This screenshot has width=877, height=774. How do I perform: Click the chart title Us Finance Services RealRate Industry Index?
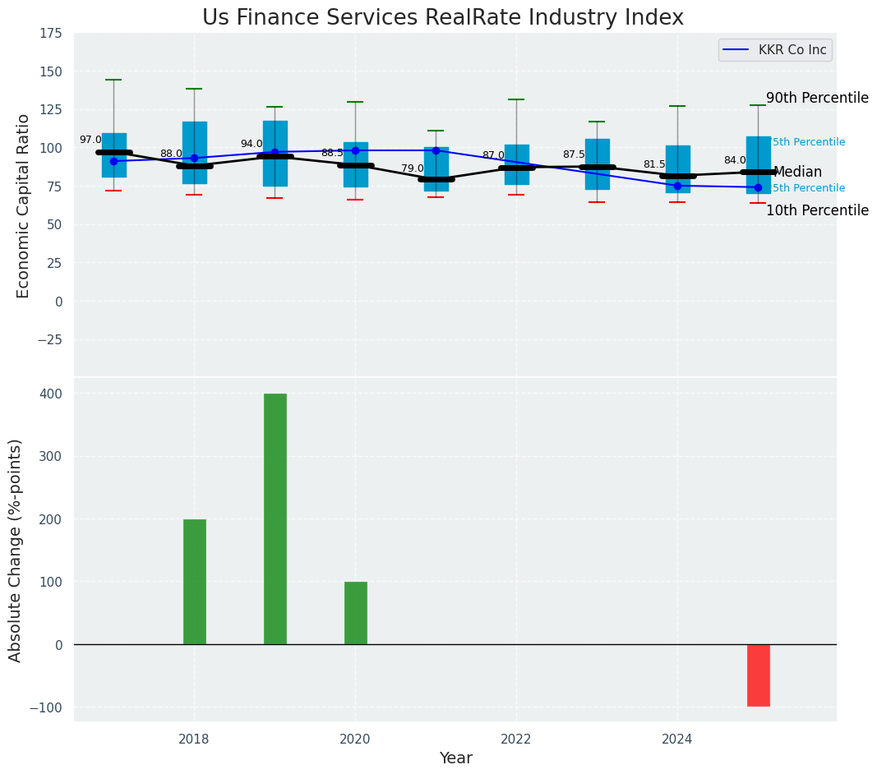[442, 17]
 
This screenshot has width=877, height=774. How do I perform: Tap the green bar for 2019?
[275, 518]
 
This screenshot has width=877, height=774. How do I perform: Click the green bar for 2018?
[194, 582]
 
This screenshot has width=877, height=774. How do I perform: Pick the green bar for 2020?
[355, 613]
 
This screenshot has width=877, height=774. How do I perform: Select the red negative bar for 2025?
[758, 675]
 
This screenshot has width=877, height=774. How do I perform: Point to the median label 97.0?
[90, 140]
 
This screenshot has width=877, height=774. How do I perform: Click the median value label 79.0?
[413, 168]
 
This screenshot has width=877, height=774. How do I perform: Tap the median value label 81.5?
[654, 164]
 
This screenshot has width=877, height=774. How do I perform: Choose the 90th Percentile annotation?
[817, 98]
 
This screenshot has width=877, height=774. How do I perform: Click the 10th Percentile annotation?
[817, 210]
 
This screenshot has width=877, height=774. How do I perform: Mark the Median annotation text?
[797, 172]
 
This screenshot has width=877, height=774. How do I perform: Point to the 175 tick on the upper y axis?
[50, 33]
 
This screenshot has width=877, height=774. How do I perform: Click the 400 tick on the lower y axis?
[51, 394]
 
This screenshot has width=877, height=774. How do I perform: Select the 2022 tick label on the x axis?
[516, 739]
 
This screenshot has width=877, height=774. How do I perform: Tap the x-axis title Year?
[455, 758]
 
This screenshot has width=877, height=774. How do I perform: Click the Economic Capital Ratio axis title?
[23, 205]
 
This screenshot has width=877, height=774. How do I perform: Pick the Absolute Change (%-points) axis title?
[16, 550]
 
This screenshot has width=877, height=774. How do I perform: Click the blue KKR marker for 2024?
[677, 186]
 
